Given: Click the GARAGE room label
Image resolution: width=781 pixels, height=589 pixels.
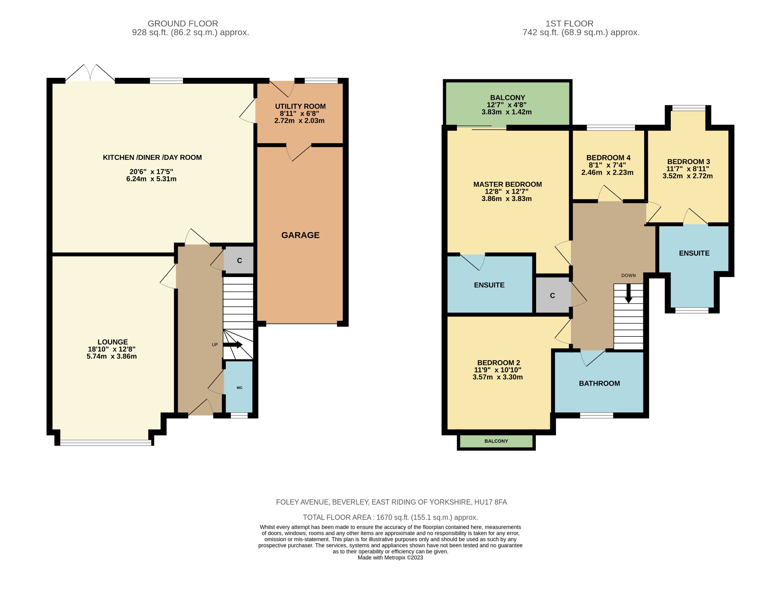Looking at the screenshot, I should (x=300, y=235).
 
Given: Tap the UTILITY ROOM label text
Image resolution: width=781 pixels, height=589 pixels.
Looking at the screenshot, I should (x=300, y=106).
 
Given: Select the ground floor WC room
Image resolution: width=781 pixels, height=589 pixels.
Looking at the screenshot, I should (x=239, y=387).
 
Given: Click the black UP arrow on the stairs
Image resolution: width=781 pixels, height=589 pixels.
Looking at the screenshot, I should (x=233, y=344).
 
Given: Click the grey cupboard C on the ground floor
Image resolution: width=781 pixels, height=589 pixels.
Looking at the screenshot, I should (x=239, y=261).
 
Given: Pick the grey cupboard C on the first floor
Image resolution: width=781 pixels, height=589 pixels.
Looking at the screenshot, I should (x=552, y=295).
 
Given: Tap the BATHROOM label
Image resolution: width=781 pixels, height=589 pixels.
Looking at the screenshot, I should (x=599, y=383).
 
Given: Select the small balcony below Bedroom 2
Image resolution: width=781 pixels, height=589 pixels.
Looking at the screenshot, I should (x=496, y=441).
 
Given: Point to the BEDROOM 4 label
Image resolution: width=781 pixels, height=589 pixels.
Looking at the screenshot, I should (x=608, y=158).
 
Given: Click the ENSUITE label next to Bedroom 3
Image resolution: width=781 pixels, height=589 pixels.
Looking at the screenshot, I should (x=694, y=253).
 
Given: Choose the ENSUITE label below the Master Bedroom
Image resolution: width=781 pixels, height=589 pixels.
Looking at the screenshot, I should (x=489, y=285).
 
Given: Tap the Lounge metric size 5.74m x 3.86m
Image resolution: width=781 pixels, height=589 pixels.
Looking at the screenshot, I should (x=111, y=356).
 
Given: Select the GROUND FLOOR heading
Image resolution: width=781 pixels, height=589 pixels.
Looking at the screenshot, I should (x=183, y=24).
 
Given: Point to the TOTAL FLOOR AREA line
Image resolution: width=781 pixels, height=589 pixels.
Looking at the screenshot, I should (x=390, y=517).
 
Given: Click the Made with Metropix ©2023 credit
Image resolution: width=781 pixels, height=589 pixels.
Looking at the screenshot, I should (x=390, y=557).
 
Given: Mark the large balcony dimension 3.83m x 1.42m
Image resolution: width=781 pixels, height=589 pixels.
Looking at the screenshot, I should (x=506, y=112).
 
